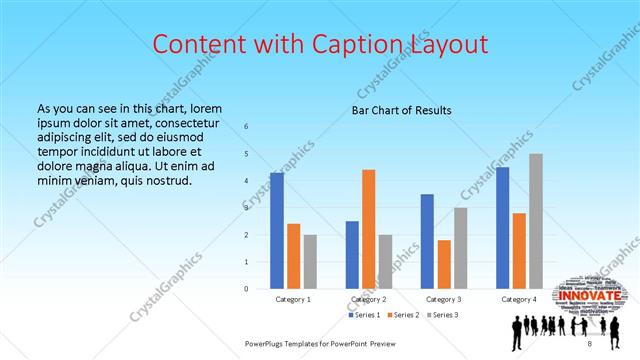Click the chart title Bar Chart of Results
[x=401, y=110]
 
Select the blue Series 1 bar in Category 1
[x=277, y=230]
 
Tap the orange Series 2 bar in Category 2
[x=368, y=229]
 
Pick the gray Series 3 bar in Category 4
[x=536, y=221]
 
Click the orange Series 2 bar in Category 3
[x=444, y=264]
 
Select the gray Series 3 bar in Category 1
[x=311, y=261]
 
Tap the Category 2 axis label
[x=369, y=299]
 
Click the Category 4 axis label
[x=519, y=299]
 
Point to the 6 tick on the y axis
[x=247, y=127]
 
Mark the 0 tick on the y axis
[x=247, y=289]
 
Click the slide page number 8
[x=590, y=344]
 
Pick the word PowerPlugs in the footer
[x=269, y=344]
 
